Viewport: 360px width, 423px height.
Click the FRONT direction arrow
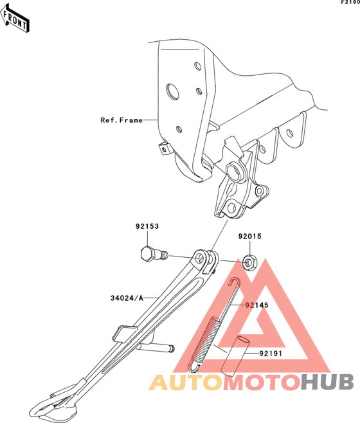point(15,19)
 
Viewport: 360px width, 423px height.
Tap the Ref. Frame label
point(122,120)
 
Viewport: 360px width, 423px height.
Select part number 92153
point(147,226)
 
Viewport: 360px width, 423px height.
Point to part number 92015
point(249,237)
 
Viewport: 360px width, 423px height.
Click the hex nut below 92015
point(249,262)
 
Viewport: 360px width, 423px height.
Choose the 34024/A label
point(127,298)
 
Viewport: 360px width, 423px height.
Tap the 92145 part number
point(256,305)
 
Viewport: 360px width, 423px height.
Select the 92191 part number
point(271,354)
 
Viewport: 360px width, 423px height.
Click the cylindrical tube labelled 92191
point(235,356)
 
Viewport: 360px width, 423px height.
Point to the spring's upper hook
point(234,282)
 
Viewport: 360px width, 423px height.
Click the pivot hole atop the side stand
point(200,258)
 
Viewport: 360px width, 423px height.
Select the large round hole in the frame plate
point(172,92)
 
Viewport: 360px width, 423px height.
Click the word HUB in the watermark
point(327,382)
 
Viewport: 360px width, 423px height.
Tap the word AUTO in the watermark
point(186,382)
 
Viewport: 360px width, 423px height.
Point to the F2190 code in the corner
point(350,2)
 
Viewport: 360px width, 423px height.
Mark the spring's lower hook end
point(194,368)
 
